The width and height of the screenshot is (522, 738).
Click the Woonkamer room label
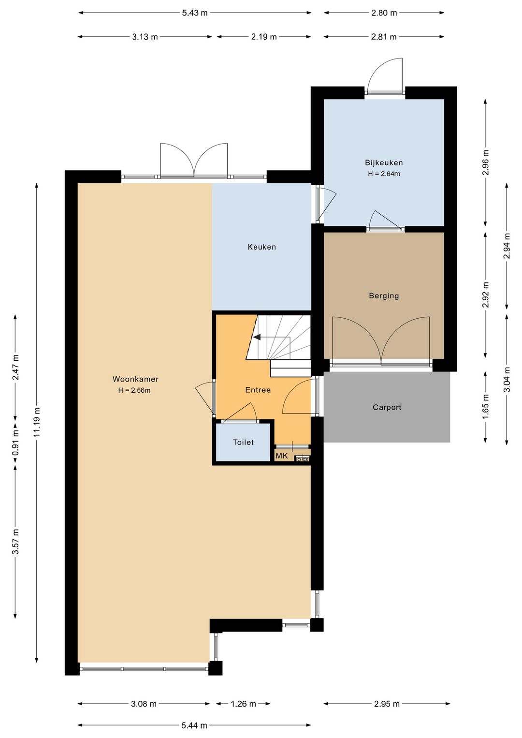[135, 379]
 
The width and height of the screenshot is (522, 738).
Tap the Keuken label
[262, 247]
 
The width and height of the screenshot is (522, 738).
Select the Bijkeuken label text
[384, 162]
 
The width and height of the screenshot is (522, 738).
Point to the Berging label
[384, 295]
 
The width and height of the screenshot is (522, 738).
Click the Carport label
[387, 407]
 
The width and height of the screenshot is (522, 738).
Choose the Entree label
[258, 390]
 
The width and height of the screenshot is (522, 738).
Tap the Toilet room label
[244, 442]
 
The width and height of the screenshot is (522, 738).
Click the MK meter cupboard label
[282, 456]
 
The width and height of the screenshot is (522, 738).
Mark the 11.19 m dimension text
[37, 422]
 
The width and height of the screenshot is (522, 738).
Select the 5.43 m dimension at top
[195, 13]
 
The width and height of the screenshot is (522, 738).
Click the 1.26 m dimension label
[244, 704]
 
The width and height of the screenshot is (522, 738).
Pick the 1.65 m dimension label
[485, 407]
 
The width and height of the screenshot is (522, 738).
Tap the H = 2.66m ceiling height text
[134, 390]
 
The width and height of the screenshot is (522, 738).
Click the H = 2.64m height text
[384, 174]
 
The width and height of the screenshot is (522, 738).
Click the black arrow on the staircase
[257, 337]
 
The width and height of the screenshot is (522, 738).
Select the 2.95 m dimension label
[387, 704]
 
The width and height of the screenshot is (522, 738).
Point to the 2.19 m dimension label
[264, 37]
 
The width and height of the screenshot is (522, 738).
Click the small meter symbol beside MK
[303, 458]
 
